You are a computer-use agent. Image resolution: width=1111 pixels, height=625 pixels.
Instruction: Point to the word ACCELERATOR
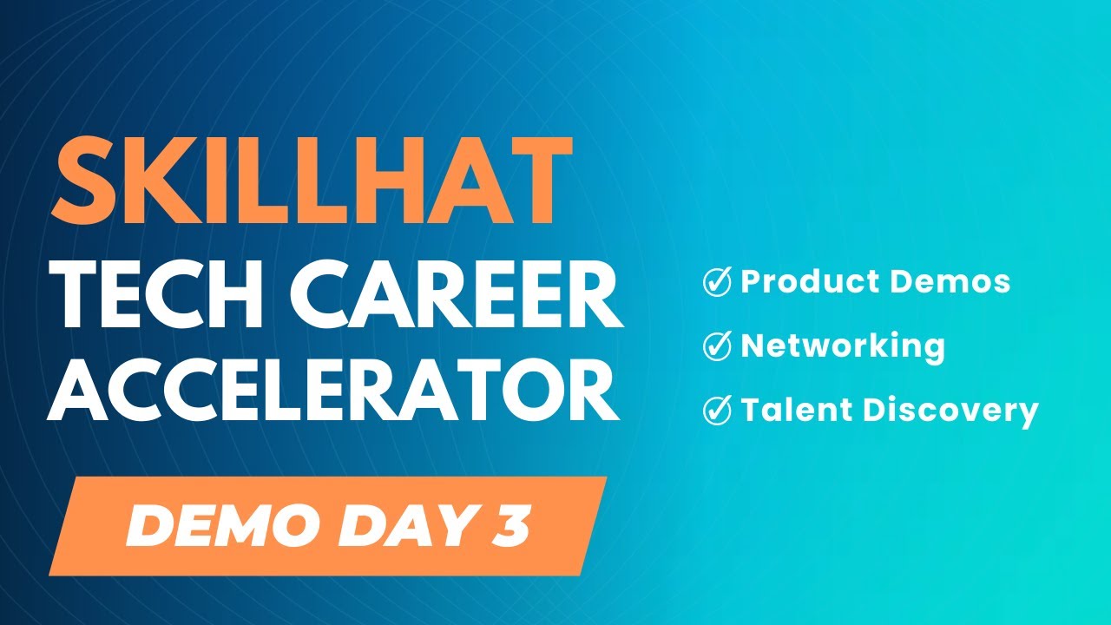coord(334,391)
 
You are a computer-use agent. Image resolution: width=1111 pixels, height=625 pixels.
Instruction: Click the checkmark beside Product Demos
coord(717,282)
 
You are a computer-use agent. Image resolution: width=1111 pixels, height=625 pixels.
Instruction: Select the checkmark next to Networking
coord(717,346)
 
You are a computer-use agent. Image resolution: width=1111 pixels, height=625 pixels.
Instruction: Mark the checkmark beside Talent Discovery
coord(717,411)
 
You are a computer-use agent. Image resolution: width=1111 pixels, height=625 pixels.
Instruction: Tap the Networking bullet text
coord(842,346)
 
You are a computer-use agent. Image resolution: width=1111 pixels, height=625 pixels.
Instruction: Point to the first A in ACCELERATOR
coord(82,391)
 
